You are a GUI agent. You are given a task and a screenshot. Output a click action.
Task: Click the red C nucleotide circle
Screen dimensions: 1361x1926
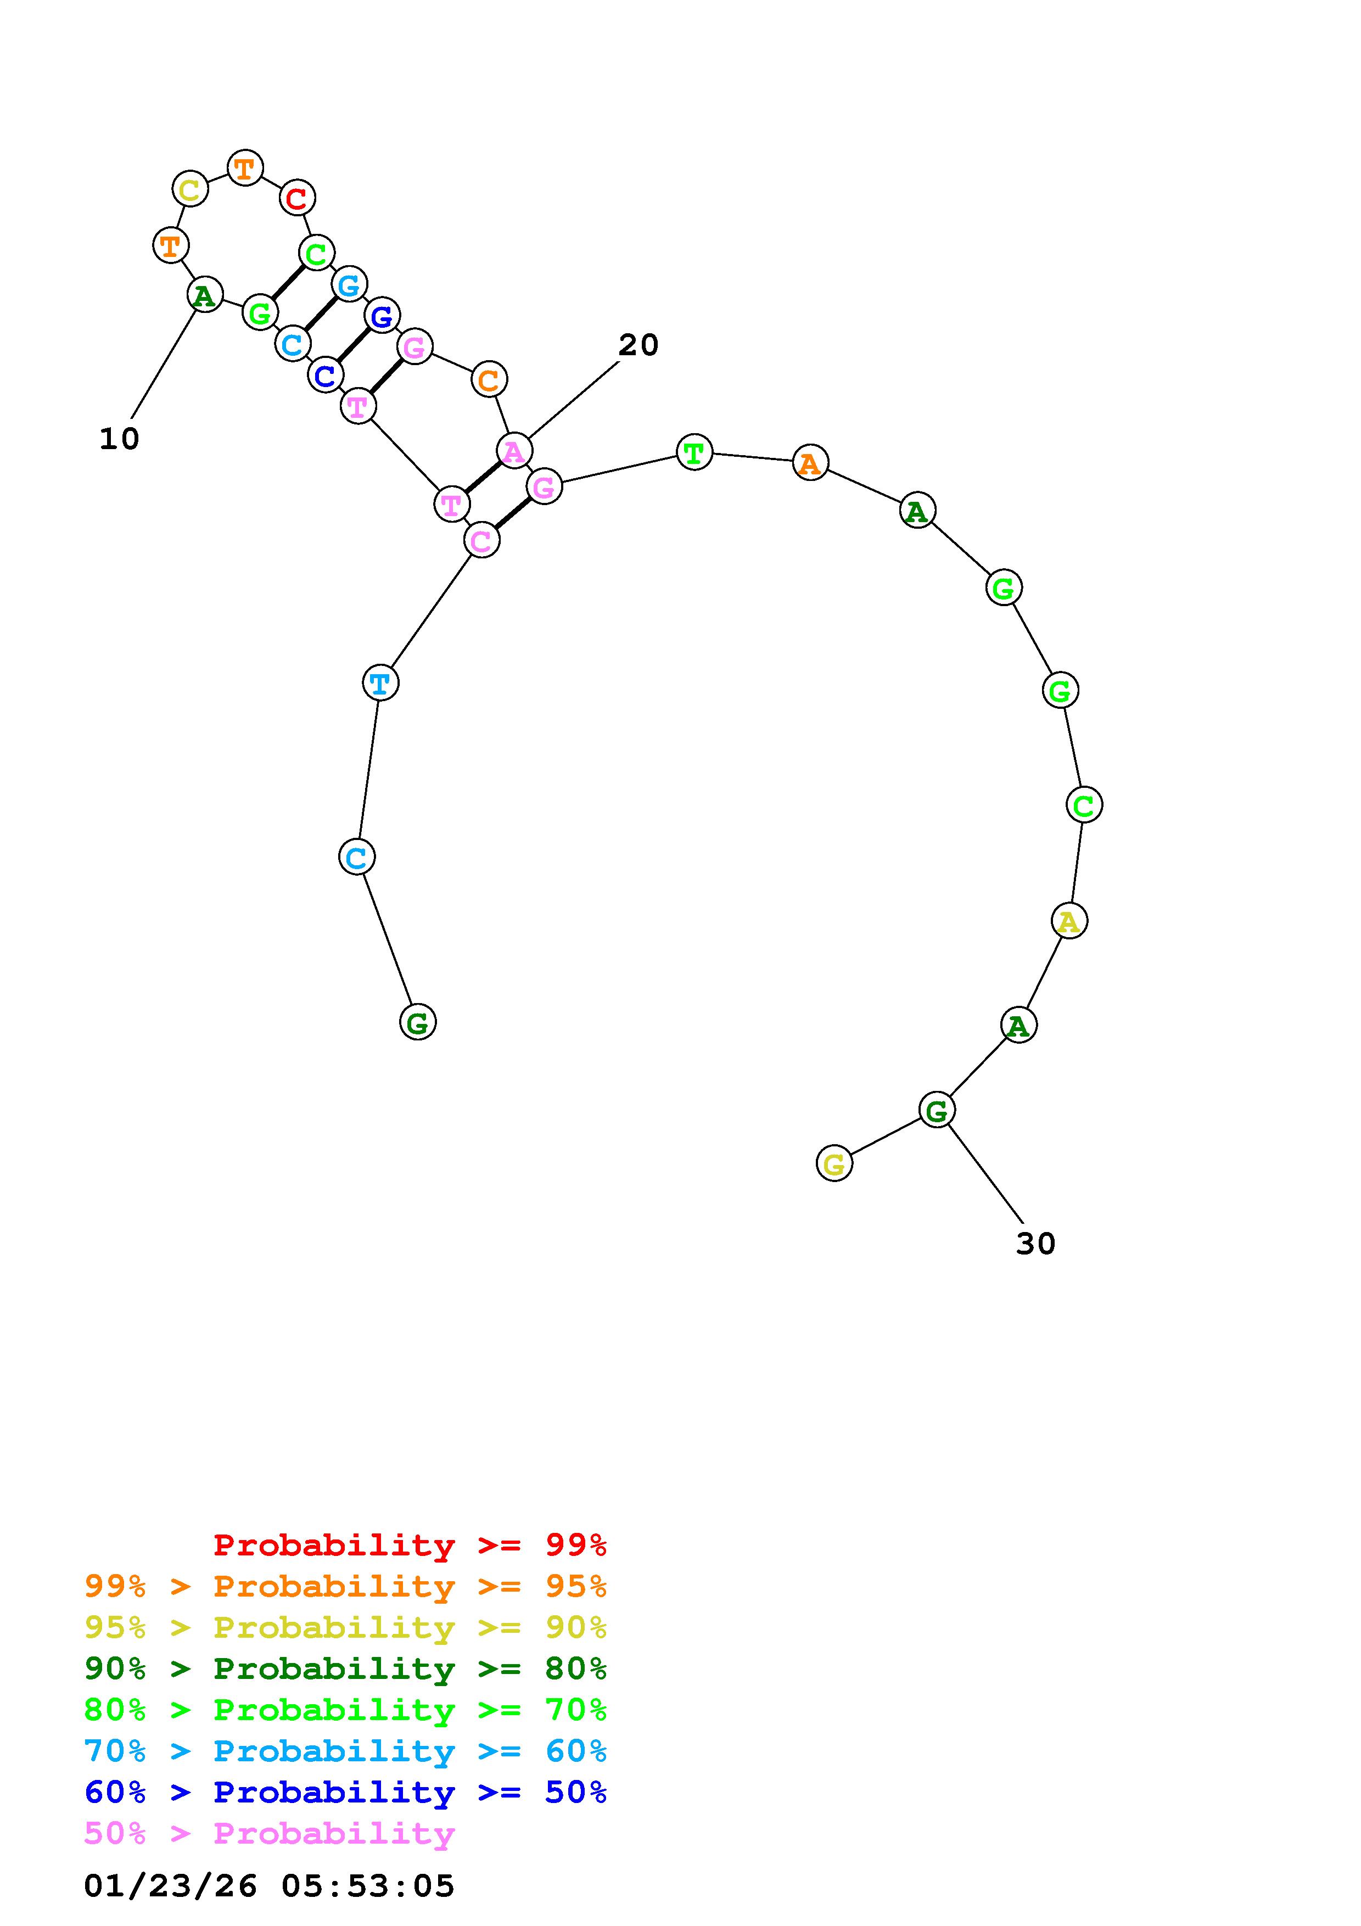(x=297, y=198)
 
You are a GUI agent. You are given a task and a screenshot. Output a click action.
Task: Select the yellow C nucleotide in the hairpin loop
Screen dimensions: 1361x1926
(x=191, y=189)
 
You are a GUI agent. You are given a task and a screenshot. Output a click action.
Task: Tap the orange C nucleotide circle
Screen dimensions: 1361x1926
(x=489, y=380)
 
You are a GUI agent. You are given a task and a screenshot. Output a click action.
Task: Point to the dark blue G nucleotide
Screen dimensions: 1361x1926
(x=383, y=315)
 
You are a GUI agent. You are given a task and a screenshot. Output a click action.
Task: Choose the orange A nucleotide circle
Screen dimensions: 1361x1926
(x=810, y=462)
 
